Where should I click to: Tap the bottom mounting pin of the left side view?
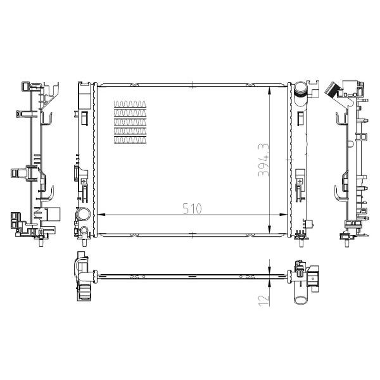point(41,242)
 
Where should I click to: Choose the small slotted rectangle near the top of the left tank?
point(84,117)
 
